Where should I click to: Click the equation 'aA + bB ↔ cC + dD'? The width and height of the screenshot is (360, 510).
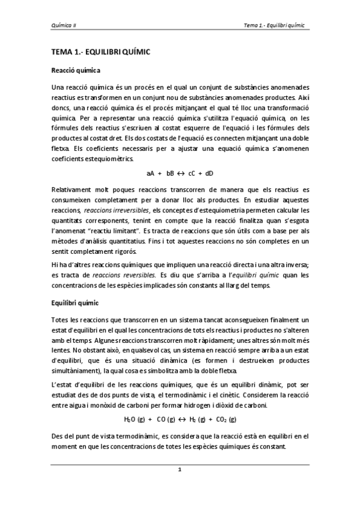click(180, 173)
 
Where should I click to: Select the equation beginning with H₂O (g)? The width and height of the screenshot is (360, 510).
click(180, 419)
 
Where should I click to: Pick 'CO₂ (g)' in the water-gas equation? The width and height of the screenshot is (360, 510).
click(225, 419)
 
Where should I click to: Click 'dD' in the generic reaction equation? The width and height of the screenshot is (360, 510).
click(208, 173)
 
